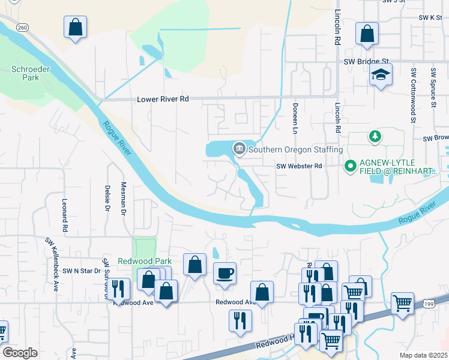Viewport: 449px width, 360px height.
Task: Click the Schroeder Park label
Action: tap(25, 73)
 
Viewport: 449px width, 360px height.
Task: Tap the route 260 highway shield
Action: tap(22, 28)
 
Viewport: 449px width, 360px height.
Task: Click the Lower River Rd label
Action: tap(163, 99)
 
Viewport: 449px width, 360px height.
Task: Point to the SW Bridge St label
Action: tap(367, 61)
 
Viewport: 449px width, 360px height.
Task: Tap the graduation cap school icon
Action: tap(380, 76)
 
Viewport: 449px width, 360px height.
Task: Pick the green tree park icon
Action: tap(375, 137)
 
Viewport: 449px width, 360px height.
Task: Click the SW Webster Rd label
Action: tap(300, 166)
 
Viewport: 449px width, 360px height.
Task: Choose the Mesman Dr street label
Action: tap(124, 197)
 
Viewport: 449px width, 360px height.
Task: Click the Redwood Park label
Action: tap(144, 261)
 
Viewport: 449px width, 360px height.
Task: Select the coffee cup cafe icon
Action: tap(225, 273)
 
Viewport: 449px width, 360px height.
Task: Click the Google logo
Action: tap(20, 353)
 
